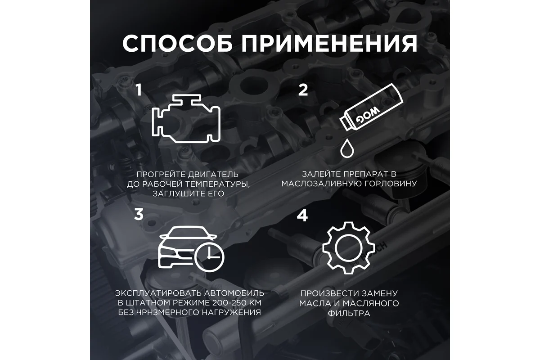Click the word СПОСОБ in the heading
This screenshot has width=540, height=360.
pos(177,43)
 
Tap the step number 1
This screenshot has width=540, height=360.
pos(139,90)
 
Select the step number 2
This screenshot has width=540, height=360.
pos(303,90)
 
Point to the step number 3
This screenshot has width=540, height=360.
pos(139,214)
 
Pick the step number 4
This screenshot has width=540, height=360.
pos(302,215)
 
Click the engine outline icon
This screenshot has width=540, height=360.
pos(186,119)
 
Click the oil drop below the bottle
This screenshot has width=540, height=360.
pos(347,148)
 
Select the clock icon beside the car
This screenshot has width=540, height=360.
pos(209,257)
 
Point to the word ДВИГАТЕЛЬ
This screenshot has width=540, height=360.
pos(214,174)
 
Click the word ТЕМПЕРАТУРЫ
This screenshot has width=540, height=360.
pos(217,184)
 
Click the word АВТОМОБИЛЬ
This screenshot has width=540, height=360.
pos(234,293)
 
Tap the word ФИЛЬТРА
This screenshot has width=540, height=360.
pos(349,313)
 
